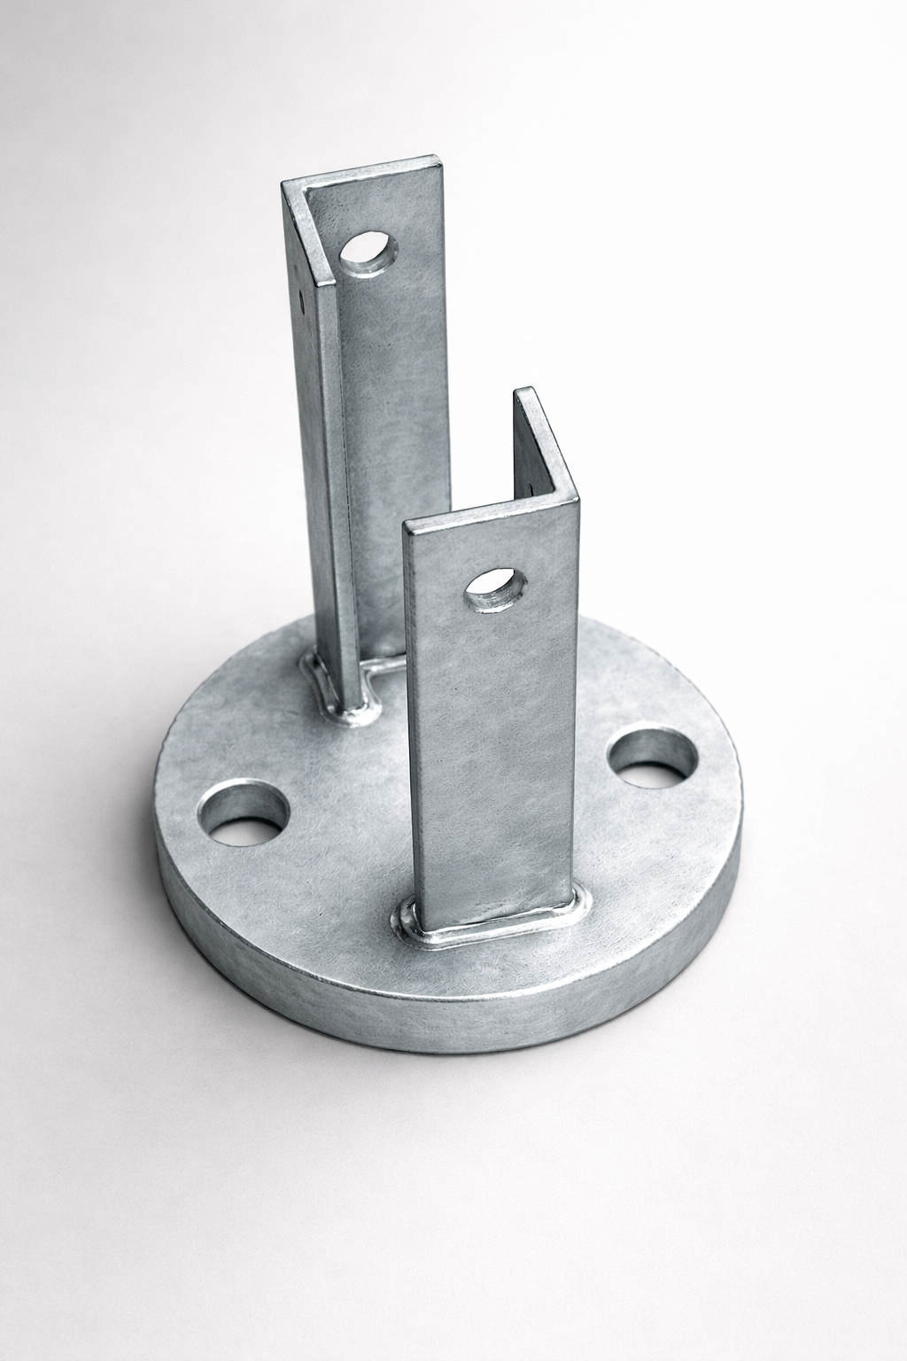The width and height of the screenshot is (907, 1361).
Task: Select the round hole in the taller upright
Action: point(368,253)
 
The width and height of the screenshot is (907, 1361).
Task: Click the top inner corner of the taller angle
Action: point(306,190)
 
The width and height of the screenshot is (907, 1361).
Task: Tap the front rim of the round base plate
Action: point(443,1010)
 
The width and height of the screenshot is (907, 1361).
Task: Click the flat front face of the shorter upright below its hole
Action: point(492,753)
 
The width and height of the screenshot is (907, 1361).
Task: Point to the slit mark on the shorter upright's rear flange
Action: point(532,486)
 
